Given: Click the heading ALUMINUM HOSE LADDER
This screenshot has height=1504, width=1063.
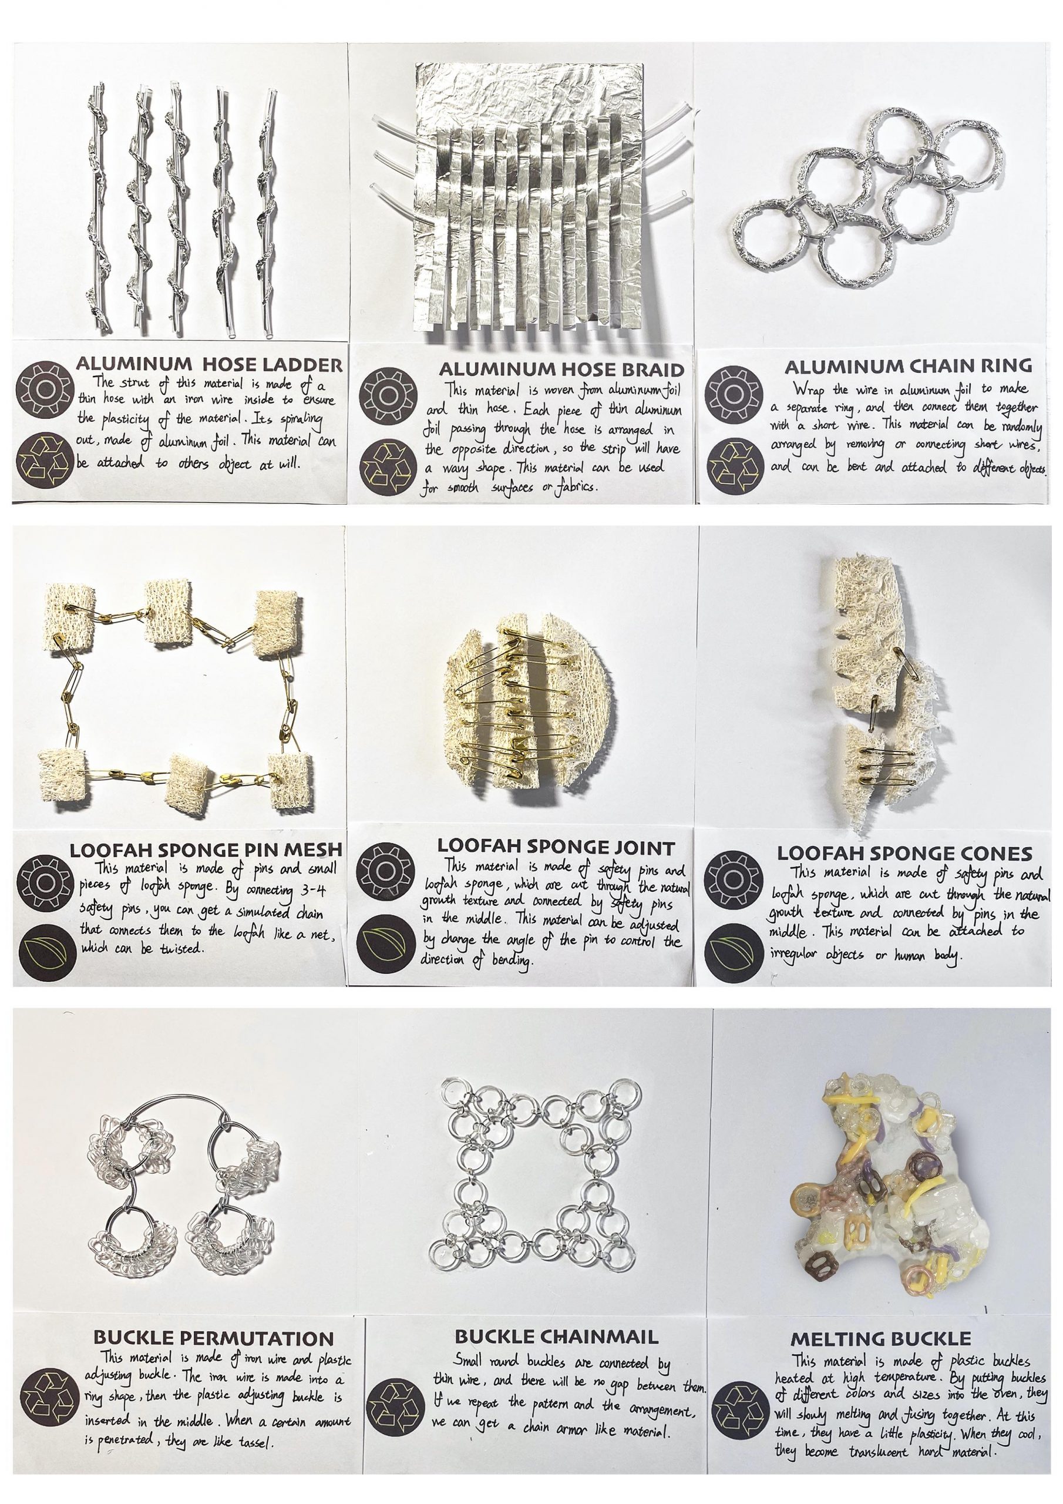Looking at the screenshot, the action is tap(209, 364).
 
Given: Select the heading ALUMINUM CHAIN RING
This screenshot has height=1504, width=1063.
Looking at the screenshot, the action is tap(908, 365).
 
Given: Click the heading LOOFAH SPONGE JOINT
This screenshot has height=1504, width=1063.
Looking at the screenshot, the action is tap(556, 847).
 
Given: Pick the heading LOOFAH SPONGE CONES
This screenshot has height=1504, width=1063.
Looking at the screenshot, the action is tap(904, 853).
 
